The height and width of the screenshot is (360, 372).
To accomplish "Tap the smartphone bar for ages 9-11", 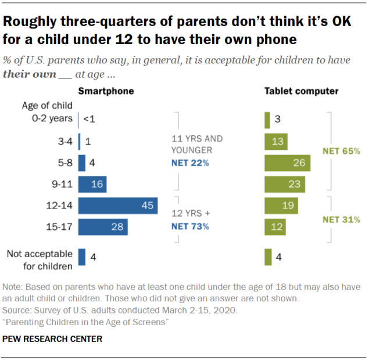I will [93, 185].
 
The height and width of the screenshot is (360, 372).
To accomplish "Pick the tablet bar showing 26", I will [287, 163].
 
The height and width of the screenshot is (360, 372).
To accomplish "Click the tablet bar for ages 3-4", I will [276, 142].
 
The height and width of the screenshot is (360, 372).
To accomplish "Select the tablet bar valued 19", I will [281, 206].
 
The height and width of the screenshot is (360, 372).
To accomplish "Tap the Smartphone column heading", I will [106, 91].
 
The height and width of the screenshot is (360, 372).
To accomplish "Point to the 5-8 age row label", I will [62, 163].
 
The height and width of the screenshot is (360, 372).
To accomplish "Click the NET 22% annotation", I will [190, 163].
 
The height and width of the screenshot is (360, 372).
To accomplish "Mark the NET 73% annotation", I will [190, 226].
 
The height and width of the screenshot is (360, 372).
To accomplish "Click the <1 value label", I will [89, 119].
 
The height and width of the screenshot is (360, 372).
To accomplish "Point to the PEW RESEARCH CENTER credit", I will [52, 339].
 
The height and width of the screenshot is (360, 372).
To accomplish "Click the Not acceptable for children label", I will [40, 260].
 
